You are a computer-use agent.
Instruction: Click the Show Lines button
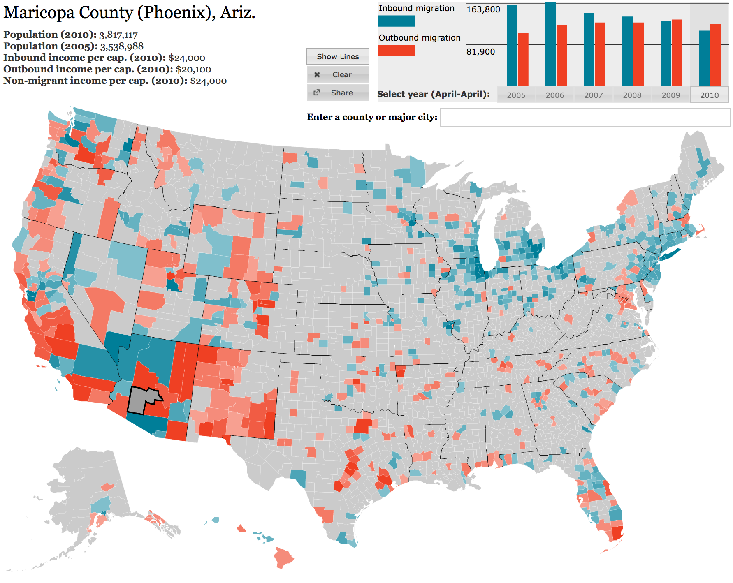(x=337, y=56)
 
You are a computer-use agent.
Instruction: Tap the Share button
(x=337, y=93)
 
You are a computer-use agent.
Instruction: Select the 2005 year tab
(x=516, y=95)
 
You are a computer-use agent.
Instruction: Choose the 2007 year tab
(x=594, y=95)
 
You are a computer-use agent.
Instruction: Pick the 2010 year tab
(x=710, y=95)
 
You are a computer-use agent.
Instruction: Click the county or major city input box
(x=585, y=117)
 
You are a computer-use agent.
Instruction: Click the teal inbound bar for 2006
(x=550, y=44)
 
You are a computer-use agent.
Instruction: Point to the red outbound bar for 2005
(x=523, y=60)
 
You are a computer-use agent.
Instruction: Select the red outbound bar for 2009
(x=677, y=53)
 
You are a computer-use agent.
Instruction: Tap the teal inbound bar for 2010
(x=704, y=58)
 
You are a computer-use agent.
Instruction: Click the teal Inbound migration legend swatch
(x=396, y=21)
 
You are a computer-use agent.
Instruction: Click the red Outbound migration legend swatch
(x=396, y=51)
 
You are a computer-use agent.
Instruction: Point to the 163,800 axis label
(x=483, y=9)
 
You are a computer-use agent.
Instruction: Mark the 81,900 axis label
(x=481, y=52)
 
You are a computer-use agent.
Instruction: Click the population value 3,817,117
(x=118, y=35)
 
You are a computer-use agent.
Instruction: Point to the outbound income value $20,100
(x=193, y=69)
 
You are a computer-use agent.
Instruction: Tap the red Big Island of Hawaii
(x=284, y=558)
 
